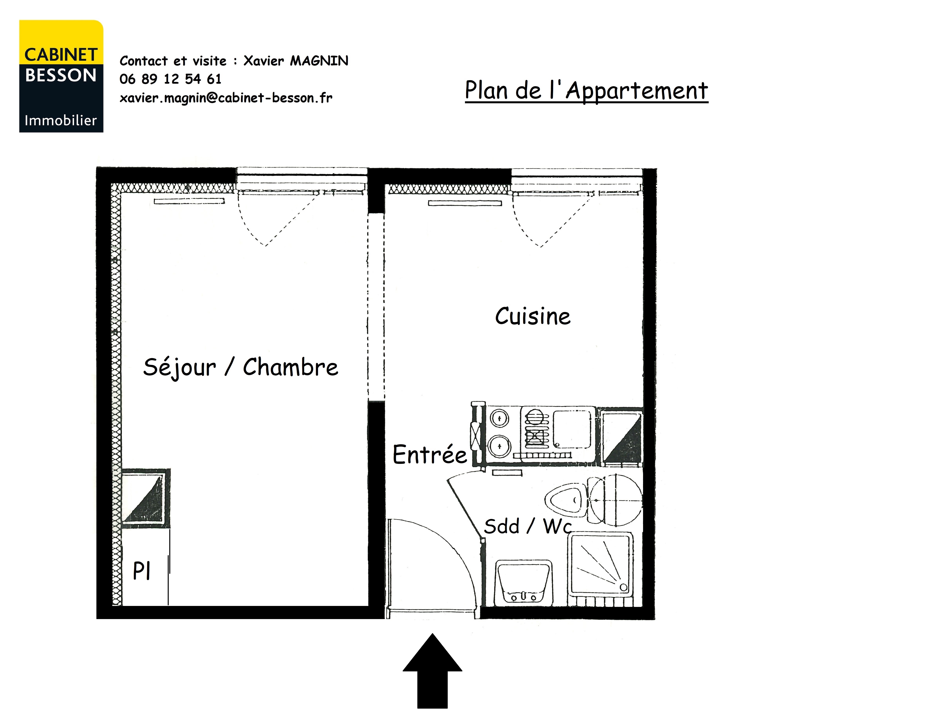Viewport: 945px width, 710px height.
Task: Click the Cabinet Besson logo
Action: point(61,76)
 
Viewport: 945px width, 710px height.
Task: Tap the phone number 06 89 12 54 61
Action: point(170,79)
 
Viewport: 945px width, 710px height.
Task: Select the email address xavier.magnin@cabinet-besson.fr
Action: point(226,98)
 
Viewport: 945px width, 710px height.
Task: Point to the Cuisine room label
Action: point(533,316)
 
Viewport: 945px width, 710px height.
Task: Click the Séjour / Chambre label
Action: point(241,367)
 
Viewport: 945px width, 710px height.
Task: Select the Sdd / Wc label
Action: point(528,526)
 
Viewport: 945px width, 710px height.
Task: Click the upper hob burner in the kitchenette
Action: point(499,418)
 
